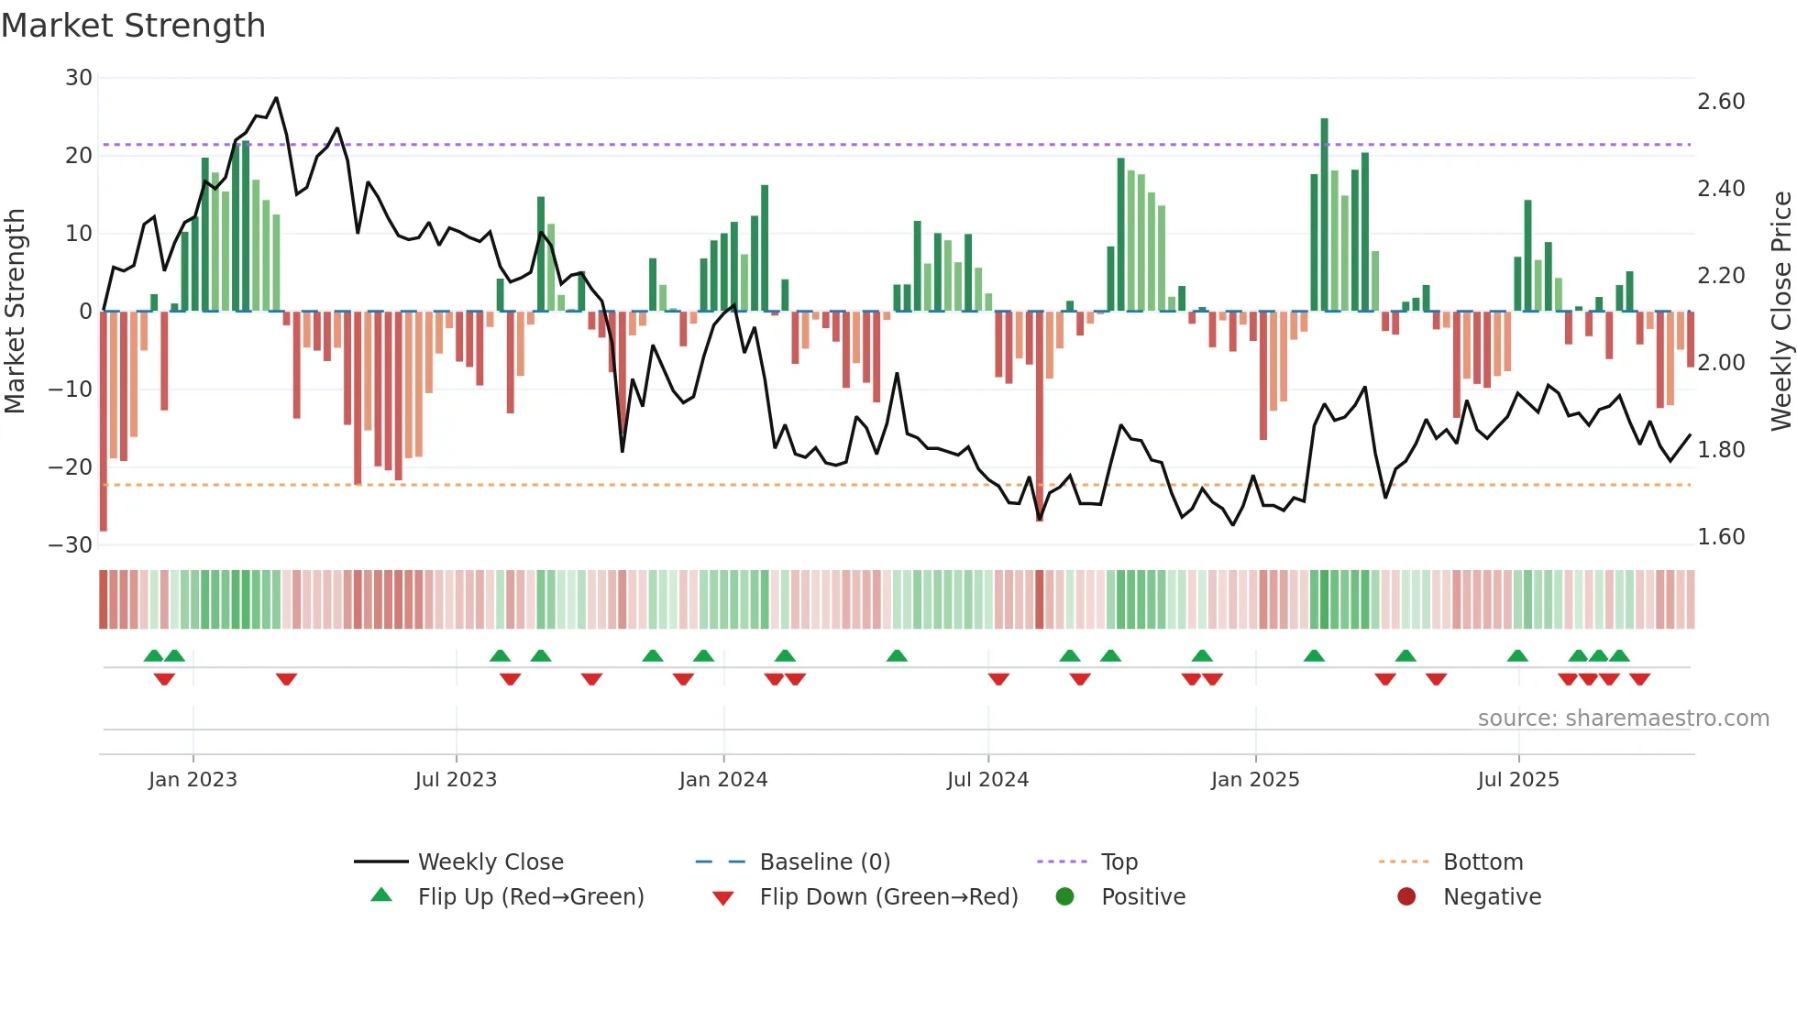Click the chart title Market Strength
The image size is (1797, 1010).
(133, 26)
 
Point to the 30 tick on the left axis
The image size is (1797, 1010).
(79, 78)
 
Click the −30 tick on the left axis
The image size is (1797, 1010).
(72, 545)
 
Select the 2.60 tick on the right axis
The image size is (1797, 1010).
(1720, 102)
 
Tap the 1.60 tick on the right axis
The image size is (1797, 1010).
(1720, 537)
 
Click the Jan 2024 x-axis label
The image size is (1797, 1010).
(722, 780)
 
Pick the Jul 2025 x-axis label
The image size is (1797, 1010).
(1517, 780)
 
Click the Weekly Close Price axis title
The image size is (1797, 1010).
(1780, 312)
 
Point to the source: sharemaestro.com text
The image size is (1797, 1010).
(1623, 719)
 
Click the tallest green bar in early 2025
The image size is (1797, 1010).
(1324, 215)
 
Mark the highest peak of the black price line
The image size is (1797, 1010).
(276, 98)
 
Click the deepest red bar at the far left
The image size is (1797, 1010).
(104, 422)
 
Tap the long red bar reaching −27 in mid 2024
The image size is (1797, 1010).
(1040, 417)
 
